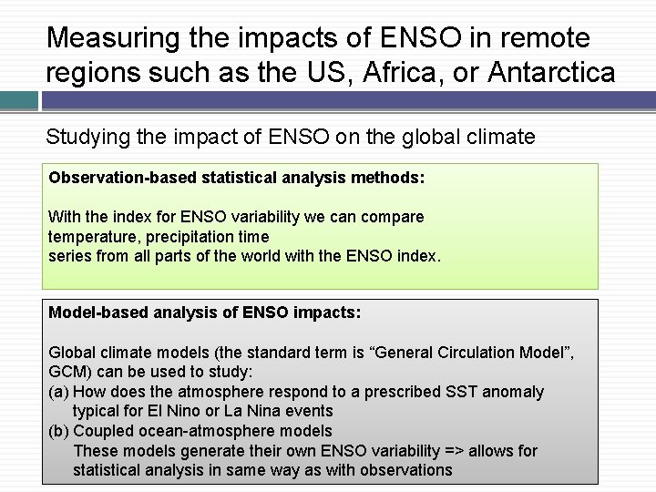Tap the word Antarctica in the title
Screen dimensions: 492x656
[552, 72]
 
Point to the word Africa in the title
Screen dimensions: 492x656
[389, 72]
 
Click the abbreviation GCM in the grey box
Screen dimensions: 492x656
[67, 372]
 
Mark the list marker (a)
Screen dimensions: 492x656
[58, 392]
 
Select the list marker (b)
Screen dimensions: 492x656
[58, 431]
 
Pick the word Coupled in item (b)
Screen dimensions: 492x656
[101, 431]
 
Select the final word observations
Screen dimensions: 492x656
[407, 470]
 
